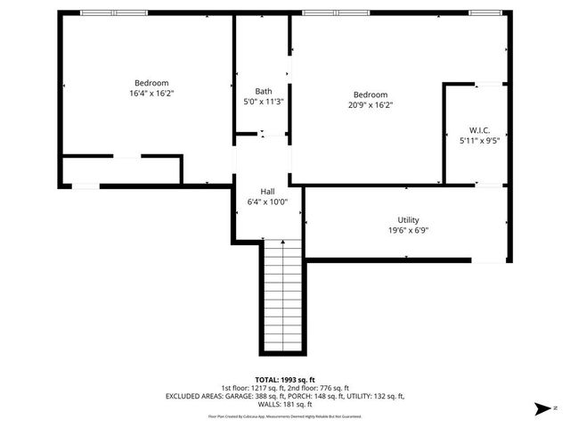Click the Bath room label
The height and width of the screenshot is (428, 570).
[264, 91]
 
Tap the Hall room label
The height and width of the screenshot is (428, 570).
[267, 192]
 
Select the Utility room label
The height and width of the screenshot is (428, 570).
[408, 220]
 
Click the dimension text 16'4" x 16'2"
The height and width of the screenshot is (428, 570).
[151, 93]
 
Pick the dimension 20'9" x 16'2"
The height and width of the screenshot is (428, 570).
[370, 105]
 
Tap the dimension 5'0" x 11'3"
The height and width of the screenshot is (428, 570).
[264, 102]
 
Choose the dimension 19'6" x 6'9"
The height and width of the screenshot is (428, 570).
[408, 230]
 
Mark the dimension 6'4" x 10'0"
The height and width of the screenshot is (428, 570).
[267, 202]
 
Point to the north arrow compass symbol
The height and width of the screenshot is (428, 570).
[541, 409]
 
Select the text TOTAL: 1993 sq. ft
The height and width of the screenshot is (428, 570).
[284, 379]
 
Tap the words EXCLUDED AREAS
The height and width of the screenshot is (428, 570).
[195, 396]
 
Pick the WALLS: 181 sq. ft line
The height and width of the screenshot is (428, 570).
[284, 404]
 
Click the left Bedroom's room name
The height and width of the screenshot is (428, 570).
[151, 83]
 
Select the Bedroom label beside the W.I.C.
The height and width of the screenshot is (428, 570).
[370, 95]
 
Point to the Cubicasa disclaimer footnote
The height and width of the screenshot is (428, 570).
[284, 416]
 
